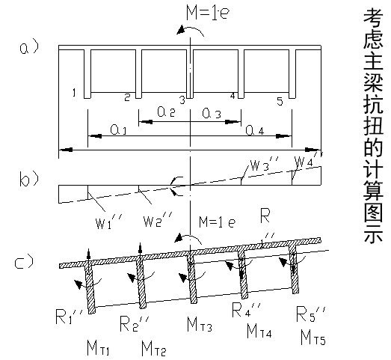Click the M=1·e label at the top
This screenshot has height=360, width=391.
point(208,13)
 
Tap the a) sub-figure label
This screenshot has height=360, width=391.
point(29,47)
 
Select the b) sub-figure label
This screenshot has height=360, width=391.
point(29,178)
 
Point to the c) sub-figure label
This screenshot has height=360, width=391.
point(24,261)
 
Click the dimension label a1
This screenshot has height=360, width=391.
point(118,129)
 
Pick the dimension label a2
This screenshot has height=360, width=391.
point(166,112)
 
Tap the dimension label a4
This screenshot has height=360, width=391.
point(255,130)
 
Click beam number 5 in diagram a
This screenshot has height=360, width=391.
point(280,102)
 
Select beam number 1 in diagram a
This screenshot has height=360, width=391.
point(74,93)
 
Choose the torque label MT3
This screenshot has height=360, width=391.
point(200,324)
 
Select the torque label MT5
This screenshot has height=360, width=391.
point(313,337)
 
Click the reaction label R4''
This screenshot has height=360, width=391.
point(247,310)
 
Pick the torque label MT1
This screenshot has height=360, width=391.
point(98,347)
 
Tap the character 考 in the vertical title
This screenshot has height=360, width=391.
point(373,17)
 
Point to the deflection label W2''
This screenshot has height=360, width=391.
point(158,219)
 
